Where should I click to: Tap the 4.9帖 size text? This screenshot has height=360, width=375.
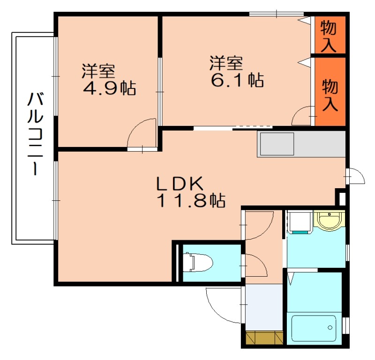point(109,88)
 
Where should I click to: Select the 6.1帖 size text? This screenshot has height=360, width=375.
point(237,80)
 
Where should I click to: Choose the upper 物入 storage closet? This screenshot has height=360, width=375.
point(329,36)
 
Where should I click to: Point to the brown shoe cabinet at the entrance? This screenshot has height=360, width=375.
point(264,337)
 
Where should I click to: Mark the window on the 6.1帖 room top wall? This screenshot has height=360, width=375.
point(276,14)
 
